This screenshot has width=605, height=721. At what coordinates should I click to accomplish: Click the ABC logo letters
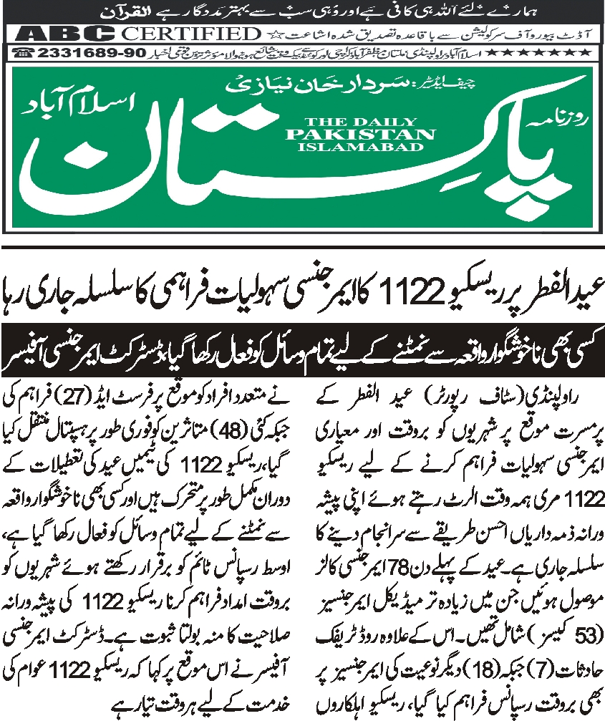[x=65, y=34]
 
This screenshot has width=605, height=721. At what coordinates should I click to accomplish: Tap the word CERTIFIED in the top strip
[x=190, y=34]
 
